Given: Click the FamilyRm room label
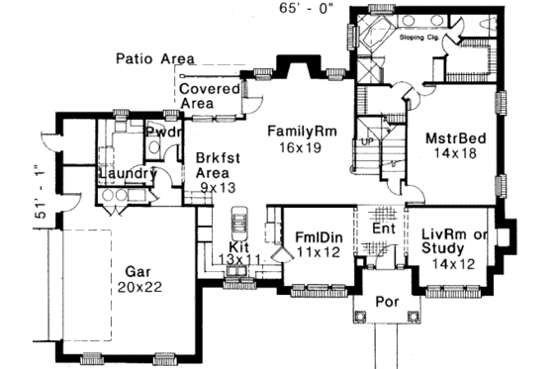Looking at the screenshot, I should coord(304,130).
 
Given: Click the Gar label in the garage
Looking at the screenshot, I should coord(138,268).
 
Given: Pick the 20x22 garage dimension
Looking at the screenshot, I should coord(138,286).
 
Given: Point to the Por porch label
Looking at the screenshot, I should coord(385,303).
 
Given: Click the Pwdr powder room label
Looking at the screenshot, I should coord(162,132).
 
